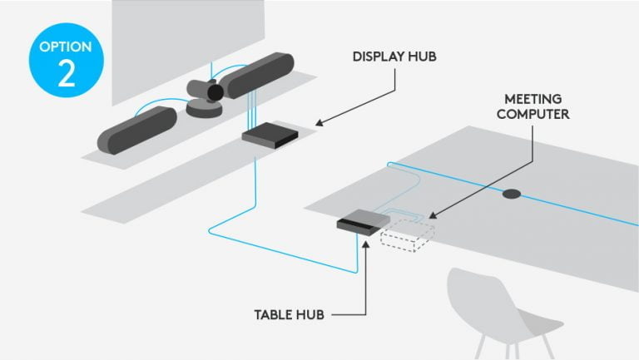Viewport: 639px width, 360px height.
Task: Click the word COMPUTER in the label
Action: point(533,114)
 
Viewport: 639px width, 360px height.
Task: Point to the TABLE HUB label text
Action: point(289,315)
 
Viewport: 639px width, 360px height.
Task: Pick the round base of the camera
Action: point(203,109)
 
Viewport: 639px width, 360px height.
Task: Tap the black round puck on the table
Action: point(511,195)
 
